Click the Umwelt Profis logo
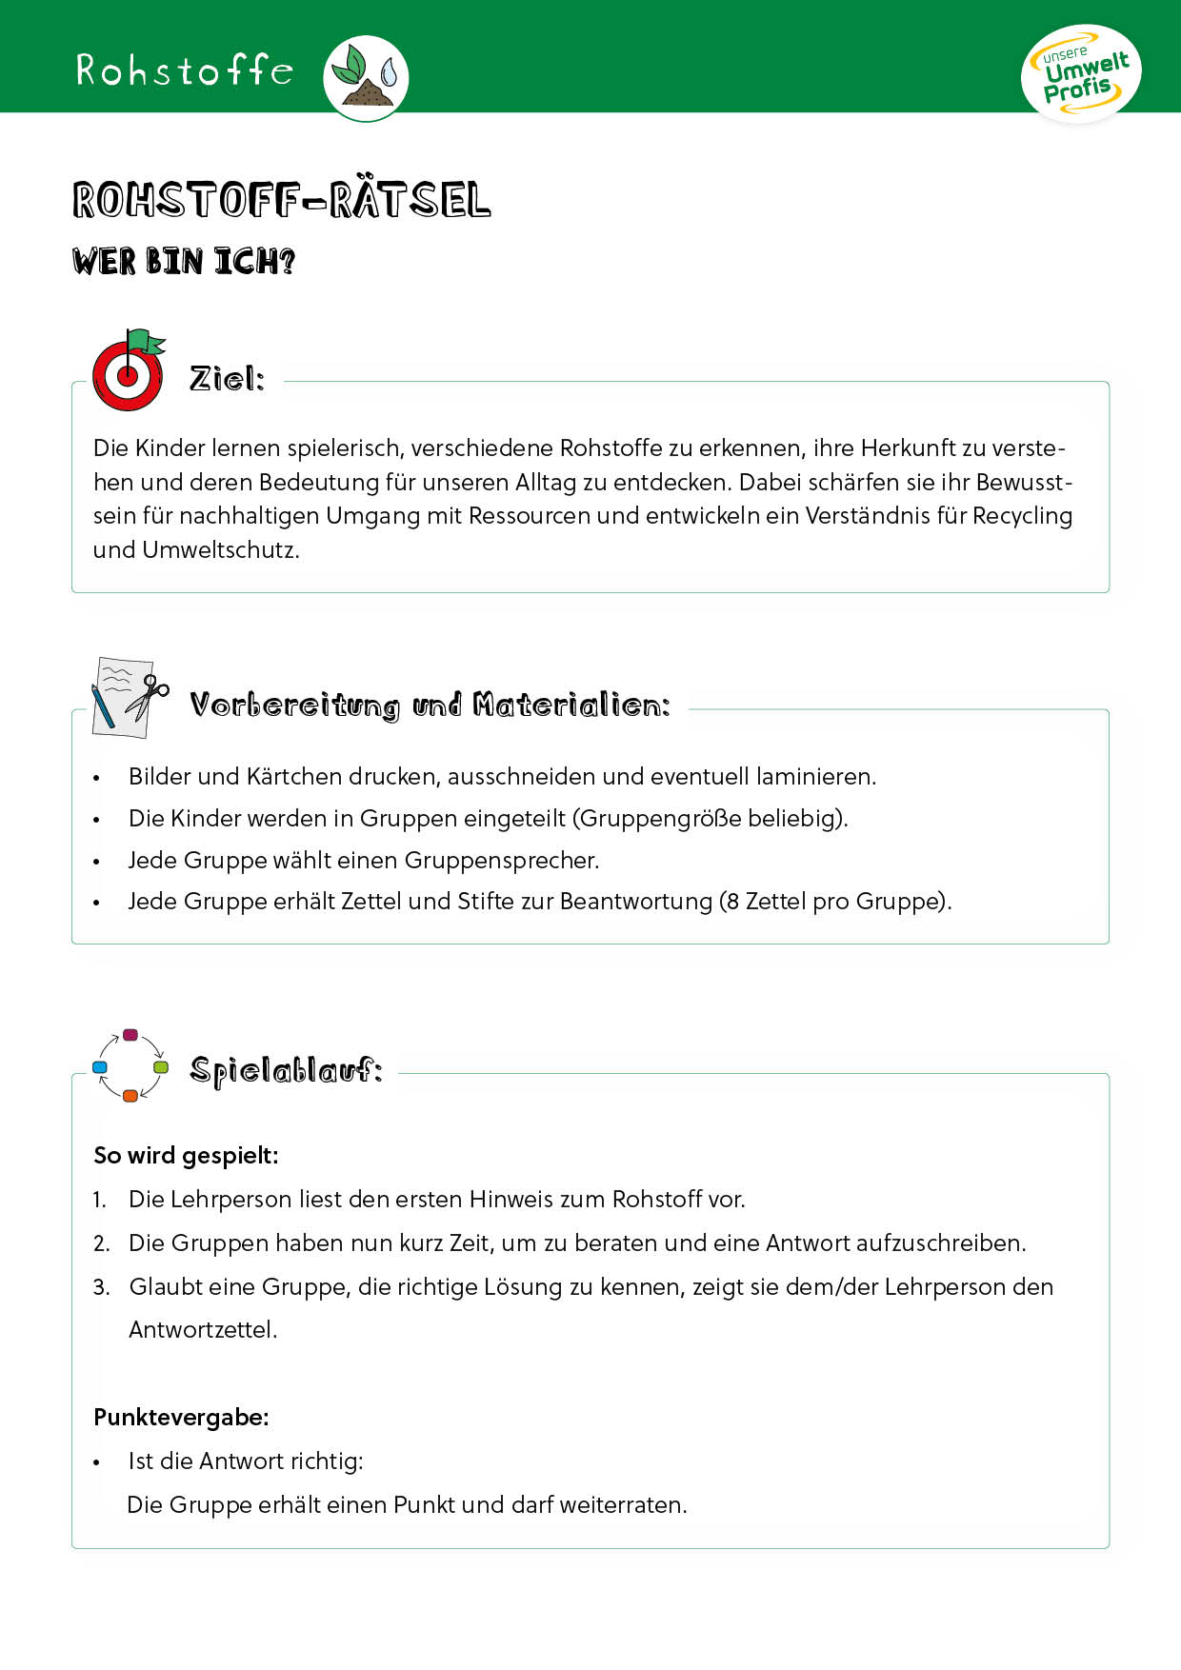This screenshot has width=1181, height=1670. click(x=1081, y=74)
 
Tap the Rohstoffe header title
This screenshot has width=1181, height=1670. click(x=185, y=70)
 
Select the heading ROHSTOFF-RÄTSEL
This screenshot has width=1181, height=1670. click(x=282, y=200)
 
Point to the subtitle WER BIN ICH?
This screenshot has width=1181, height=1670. click(x=184, y=261)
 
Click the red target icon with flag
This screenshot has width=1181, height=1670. click(x=128, y=370)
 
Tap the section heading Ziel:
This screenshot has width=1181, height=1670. click(x=227, y=379)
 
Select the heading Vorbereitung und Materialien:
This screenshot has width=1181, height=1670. click(x=430, y=706)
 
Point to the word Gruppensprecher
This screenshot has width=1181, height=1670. click(x=501, y=861)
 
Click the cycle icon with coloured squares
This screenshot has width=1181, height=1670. click(x=130, y=1065)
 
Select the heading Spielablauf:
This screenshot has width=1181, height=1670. click(x=286, y=1071)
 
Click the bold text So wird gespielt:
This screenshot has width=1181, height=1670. click(x=186, y=1156)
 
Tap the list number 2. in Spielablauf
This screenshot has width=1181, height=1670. click(x=102, y=1243)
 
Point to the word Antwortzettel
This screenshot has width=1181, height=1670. click(x=202, y=1330)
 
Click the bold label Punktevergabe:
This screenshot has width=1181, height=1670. click(x=181, y=1418)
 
